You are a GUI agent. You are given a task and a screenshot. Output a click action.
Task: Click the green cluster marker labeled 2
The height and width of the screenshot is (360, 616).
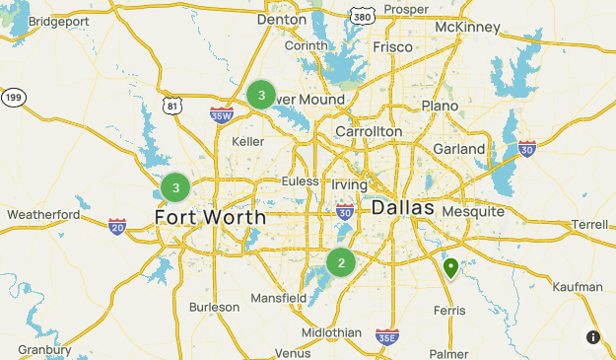[x=341, y=263]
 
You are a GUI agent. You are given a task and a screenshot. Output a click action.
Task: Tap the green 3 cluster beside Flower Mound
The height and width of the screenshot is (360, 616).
[x=261, y=95]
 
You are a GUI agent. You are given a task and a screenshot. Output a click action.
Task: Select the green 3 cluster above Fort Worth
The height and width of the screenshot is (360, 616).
[x=175, y=187]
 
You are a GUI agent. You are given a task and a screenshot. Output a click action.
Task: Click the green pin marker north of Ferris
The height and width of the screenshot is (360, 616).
[x=451, y=267]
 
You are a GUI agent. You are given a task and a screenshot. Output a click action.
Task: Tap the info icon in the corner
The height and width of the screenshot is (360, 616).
[x=593, y=337]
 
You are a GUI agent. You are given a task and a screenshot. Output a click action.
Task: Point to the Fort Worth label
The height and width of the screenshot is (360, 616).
[x=210, y=217]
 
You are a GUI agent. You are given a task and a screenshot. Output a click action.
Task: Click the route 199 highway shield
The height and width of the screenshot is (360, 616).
[x=13, y=97]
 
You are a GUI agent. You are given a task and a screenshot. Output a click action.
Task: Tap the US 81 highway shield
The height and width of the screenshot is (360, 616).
[x=172, y=105]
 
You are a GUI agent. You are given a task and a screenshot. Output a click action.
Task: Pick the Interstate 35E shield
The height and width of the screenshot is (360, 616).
[x=387, y=337]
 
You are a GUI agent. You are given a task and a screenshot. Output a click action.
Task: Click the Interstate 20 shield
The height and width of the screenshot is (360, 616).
[x=117, y=227]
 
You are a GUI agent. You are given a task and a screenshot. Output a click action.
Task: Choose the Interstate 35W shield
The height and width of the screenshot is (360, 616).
[x=221, y=114]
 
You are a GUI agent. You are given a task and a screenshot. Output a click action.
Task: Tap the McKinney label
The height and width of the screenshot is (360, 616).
[x=467, y=27]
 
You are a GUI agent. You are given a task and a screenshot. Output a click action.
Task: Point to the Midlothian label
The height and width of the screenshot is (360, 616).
[x=331, y=332]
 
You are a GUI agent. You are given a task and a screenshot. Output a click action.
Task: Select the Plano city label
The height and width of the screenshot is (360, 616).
[x=440, y=106]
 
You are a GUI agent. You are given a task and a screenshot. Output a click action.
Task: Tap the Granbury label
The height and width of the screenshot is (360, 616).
[x=44, y=349]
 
